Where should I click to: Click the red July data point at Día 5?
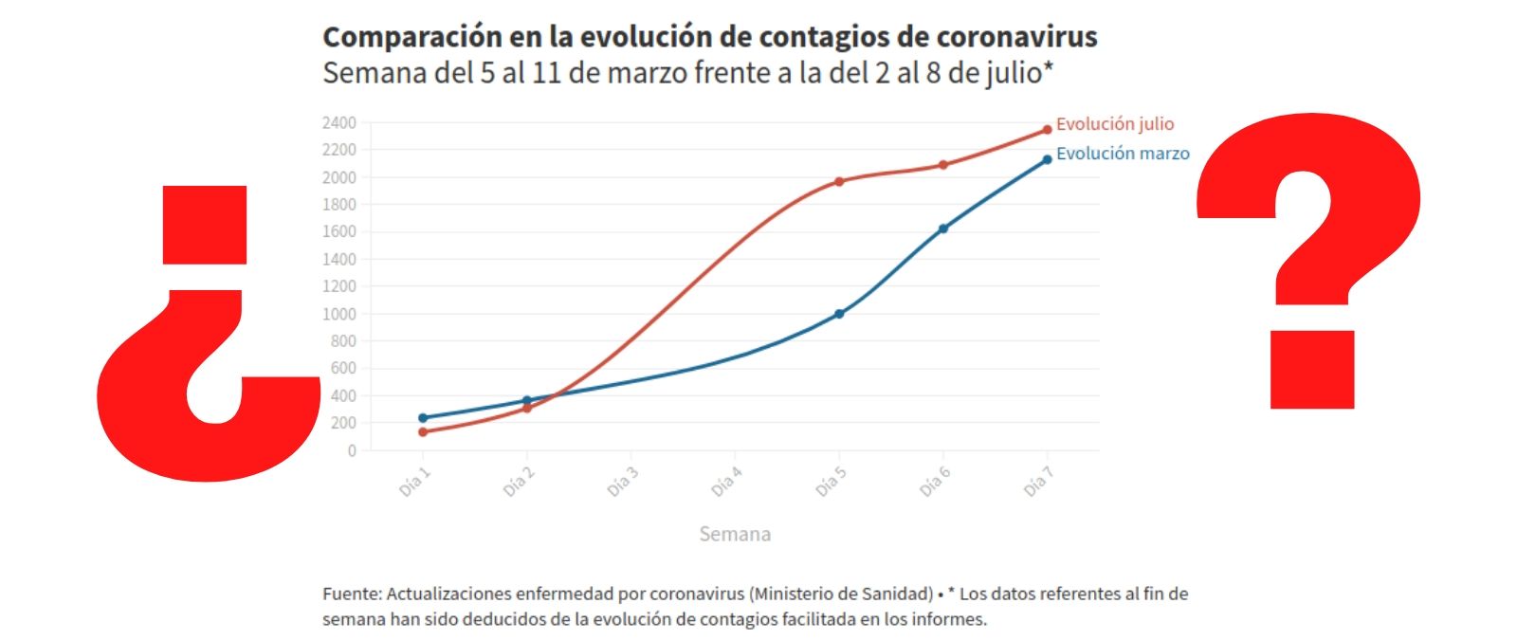pyautogui.click(x=839, y=181)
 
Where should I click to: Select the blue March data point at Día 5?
pyautogui.click(x=839, y=314)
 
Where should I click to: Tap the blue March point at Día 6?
pyautogui.click(x=943, y=229)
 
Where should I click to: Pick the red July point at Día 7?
pyautogui.click(x=1047, y=130)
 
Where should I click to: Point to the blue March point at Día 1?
pyautogui.click(x=423, y=417)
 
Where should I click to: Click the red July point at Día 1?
pyautogui.click(x=423, y=432)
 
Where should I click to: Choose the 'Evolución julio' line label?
pyautogui.click(x=1115, y=124)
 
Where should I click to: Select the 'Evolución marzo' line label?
pyautogui.click(x=1123, y=154)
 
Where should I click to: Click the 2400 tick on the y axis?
pyautogui.click(x=339, y=122)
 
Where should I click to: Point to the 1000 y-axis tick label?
pyautogui.click(x=339, y=314)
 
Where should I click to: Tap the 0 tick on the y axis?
pyautogui.click(x=352, y=450)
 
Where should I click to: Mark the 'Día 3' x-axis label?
pyautogui.click(x=623, y=483)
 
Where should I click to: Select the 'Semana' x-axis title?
pyautogui.click(x=735, y=534)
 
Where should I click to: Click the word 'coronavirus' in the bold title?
pyautogui.click(x=1016, y=37)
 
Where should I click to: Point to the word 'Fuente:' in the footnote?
pyautogui.click(x=352, y=594)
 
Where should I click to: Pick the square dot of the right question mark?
pyautogui.click(x=1312, y=370)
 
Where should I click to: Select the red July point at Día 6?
pyautogui.click(x=943, y=165)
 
